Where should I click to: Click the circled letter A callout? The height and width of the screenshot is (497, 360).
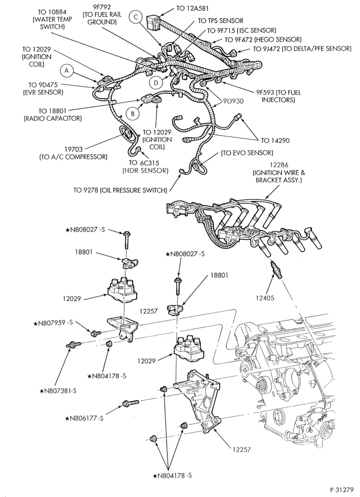pyautogui.click(x=67, y=71)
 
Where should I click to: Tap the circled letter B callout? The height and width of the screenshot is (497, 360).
pyautogui.click(x=133, y=114)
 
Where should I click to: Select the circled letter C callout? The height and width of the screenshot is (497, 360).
pyautogui.click(x=135, y=17)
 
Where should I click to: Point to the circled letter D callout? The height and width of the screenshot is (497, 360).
pyautogui.click(x=156, y=83)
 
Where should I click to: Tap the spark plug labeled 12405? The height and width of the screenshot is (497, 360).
pyautogui.click(x=275, y=269)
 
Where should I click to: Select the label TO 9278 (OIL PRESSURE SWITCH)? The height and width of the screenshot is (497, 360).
pyautogui.click(x=120, y=190)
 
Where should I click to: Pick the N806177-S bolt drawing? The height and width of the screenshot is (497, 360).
pyautogui.click(x=130, y=403)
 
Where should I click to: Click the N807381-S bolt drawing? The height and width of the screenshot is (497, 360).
pyautogui.click(x=74, y=343)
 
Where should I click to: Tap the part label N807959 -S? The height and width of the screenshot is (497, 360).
pyautogui.click(x=53, y=324)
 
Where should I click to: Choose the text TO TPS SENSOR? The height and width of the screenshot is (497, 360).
pyautogui.click(x=221, y=21)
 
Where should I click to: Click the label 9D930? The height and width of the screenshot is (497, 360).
pyautogui.click(x=233, y=101)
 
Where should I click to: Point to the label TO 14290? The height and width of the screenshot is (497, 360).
pyautogui.click(x=275, y=140)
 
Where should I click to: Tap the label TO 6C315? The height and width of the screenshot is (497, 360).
pyautogui.click(x=144, y=163)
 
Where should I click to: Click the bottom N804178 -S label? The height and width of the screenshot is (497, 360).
pyautogui.click(x=172, y=476)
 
